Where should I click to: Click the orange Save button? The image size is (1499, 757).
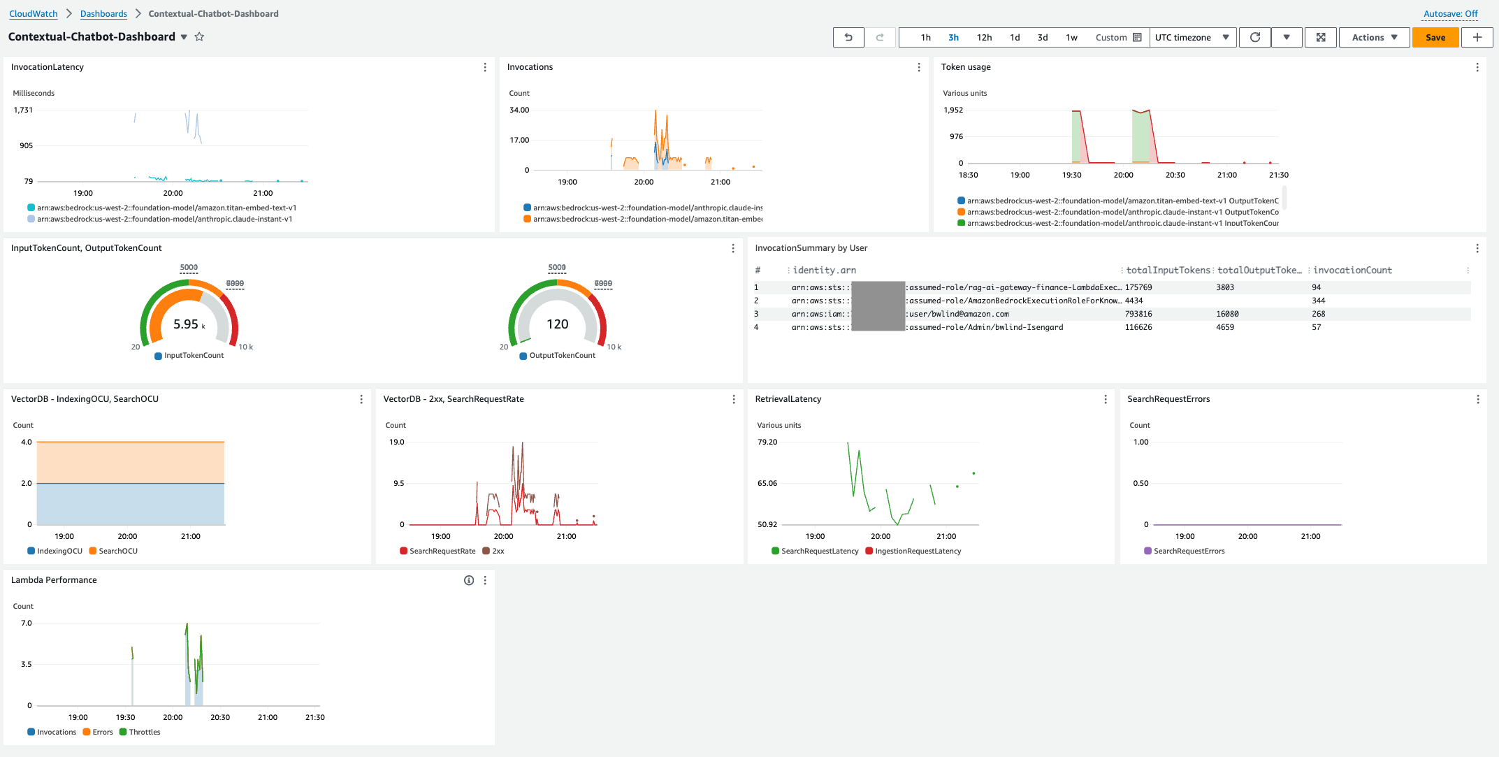1435,38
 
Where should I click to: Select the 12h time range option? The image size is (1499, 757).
984,38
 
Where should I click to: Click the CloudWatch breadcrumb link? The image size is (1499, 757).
34,14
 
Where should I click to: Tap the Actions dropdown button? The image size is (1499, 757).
1374,38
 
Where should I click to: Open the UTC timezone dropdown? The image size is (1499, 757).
1192,38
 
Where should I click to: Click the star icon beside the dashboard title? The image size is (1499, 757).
199,37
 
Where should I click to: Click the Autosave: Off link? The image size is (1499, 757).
1450,14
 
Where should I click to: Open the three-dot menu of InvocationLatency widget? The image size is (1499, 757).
485,67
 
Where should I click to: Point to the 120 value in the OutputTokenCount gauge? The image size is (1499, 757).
557,324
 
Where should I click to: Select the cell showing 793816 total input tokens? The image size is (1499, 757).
1138,314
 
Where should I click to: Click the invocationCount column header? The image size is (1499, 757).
1352,271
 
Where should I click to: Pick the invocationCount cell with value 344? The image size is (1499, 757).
1318,301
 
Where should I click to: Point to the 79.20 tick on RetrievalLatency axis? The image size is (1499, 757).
767,442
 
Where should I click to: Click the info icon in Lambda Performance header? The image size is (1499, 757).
469,580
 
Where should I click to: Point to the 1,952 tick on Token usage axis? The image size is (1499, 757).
953,110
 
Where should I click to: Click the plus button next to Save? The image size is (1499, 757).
1477,38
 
